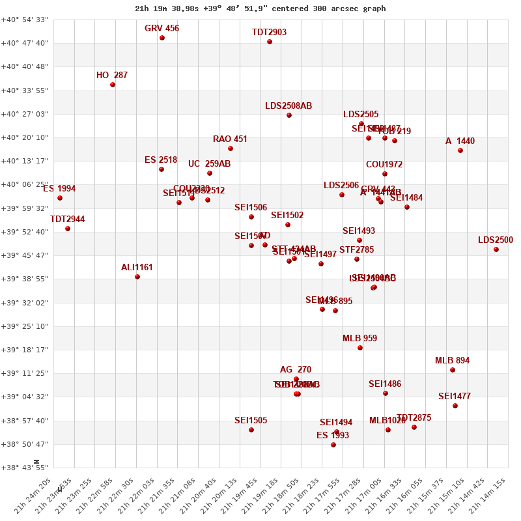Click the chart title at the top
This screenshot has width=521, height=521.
pyautogui.click(x=260, y=8)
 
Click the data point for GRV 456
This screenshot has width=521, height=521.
pyautogui.click(x=162, y=38)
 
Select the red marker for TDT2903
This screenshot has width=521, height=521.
pyautogui.click(x=270, y=42)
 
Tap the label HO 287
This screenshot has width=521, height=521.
pyautogui.click(x=112, y=76)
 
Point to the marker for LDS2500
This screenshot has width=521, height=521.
pyautogui.click(x=496, y=249)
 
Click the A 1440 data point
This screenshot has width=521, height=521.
pyautogui.click(x=460, y=150)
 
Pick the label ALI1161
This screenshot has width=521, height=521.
pyautogui.click(x=137, y=268)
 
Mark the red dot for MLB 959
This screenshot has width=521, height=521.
pyautogui.click(x=360, y=348)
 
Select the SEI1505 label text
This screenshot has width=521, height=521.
pyautogui.click(x=251, y=421)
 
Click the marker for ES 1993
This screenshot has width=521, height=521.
pyautogui.click(x=333, y=445)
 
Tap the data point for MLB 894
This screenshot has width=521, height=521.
pyautogui.click(x=453, y=370)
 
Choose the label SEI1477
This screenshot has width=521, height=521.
pyautogui.click(x=455, y=397)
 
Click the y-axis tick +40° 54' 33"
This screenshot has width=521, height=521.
pyautogui.click(x=24, y=20)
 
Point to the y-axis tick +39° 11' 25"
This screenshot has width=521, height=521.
pyautogui.click(x=24, y=373)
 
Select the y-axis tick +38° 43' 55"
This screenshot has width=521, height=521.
pyautogui.click(x=24, y=468)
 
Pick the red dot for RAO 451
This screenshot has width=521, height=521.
pyautogui.click(x=231, y=148)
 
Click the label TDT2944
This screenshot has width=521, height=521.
pyautogui.click(x=68, y=219)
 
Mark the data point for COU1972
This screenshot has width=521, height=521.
pyautogui.click(x=385, y=174)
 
